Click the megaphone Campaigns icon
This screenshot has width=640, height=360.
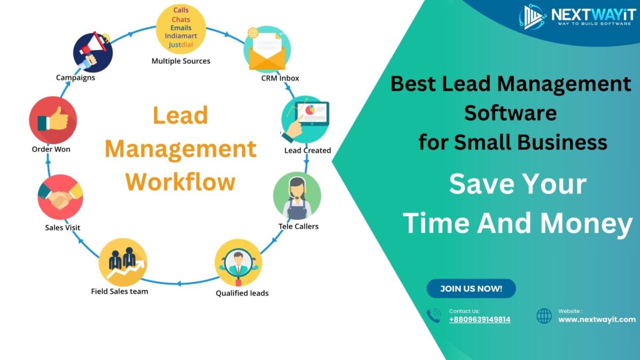92,52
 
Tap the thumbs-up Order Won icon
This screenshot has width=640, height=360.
53,120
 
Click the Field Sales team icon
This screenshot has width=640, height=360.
123,262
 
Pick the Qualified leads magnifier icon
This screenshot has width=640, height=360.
238,263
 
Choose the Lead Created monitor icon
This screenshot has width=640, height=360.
306,119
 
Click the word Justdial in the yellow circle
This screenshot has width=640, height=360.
181,44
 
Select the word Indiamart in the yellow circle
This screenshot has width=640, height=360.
181,36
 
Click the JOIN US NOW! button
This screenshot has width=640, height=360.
471,289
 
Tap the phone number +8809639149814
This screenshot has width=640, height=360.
479,319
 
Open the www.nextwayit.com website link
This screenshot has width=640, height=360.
597,319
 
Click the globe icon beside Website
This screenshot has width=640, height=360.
544,316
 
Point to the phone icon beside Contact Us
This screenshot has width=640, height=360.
434,316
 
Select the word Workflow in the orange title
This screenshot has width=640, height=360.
181,182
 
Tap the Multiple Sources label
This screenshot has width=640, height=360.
181,61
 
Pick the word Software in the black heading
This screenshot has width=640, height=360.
510,113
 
